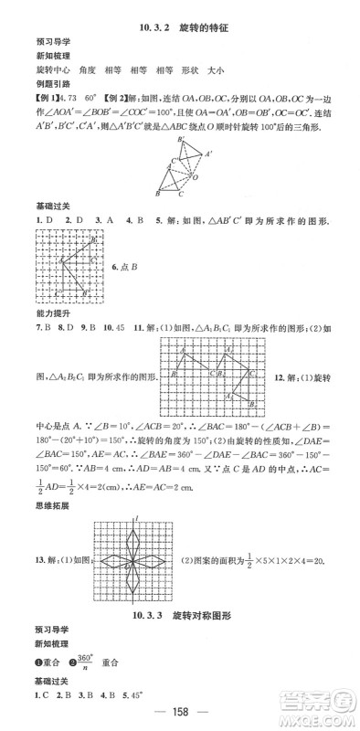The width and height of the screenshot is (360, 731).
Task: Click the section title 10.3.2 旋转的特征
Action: pos(179,28)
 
